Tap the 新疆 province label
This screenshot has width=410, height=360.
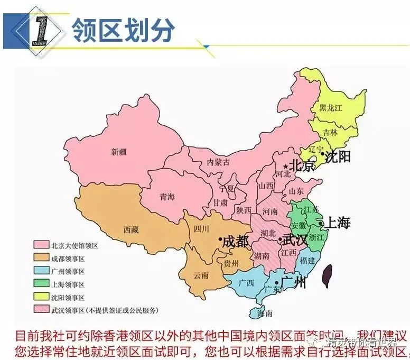[119, 152]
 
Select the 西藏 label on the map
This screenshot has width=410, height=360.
[131, 229]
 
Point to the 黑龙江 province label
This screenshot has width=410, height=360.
[331, 107]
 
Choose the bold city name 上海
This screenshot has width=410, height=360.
[337, 223]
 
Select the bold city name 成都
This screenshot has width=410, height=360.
[236, 242]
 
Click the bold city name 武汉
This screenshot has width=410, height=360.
[295, 239]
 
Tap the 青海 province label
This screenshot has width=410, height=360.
[167, 197]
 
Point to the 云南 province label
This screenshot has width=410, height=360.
[201, 275]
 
